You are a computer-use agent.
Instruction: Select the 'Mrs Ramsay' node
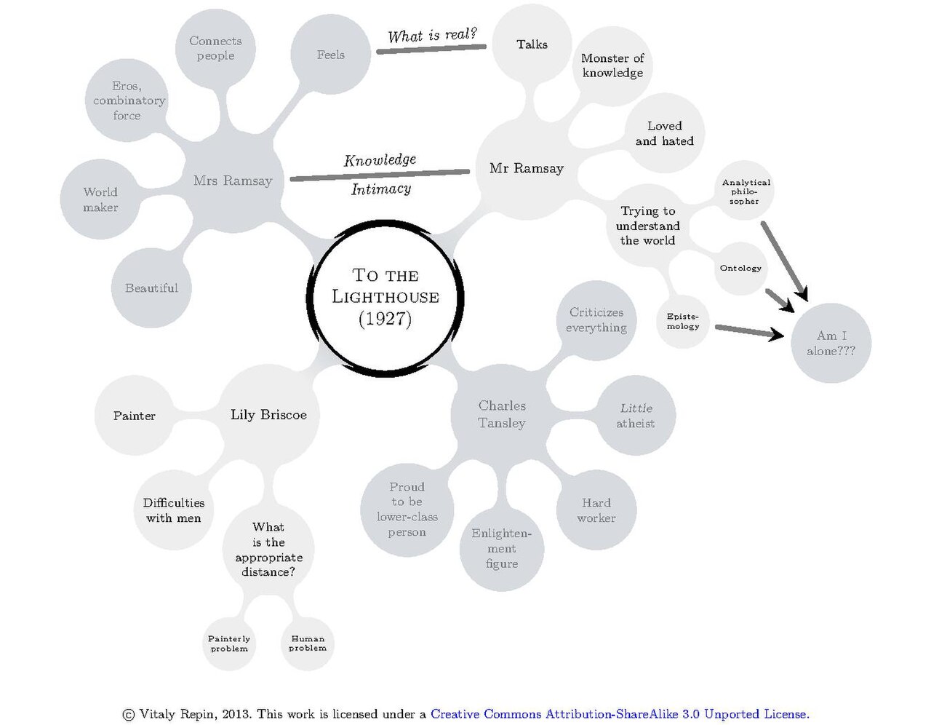point(233,181)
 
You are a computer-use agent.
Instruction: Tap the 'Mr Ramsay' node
point(526,168)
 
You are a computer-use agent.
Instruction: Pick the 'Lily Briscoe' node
point(268,415)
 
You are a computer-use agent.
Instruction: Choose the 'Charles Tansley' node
point(501,415)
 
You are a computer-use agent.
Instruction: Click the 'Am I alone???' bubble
point(831,343)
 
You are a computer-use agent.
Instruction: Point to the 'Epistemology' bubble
point(682,322)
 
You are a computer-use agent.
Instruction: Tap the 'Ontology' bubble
point(740,269)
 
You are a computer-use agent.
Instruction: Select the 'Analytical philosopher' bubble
point(746,191)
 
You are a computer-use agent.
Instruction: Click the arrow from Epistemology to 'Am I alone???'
point(749,332)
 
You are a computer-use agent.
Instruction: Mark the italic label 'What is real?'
point(432,35)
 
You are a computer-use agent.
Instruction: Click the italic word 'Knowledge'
point(380,160)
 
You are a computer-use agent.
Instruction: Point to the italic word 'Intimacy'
point(381,189)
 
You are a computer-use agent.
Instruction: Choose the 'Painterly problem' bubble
point(229,644)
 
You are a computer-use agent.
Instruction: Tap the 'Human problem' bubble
point(308,644)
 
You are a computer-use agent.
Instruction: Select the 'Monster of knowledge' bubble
point(612,66)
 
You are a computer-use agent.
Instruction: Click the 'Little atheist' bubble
point(636,416)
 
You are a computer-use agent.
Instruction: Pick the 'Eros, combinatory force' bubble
point(127,100)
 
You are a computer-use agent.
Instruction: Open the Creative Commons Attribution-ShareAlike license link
point(620,714)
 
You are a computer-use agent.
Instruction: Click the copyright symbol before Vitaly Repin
point(129,715)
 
